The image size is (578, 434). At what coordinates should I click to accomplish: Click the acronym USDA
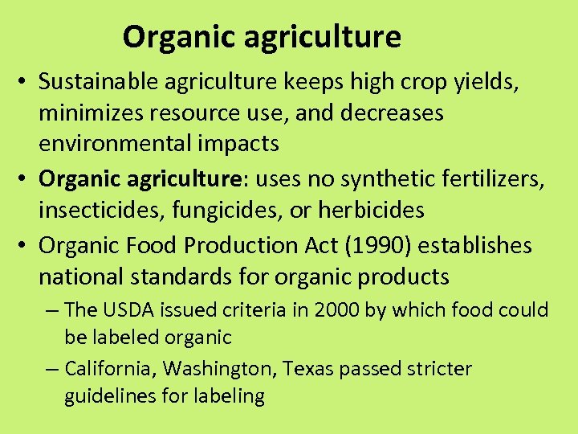pyautogui.click(x=123, y=310)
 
